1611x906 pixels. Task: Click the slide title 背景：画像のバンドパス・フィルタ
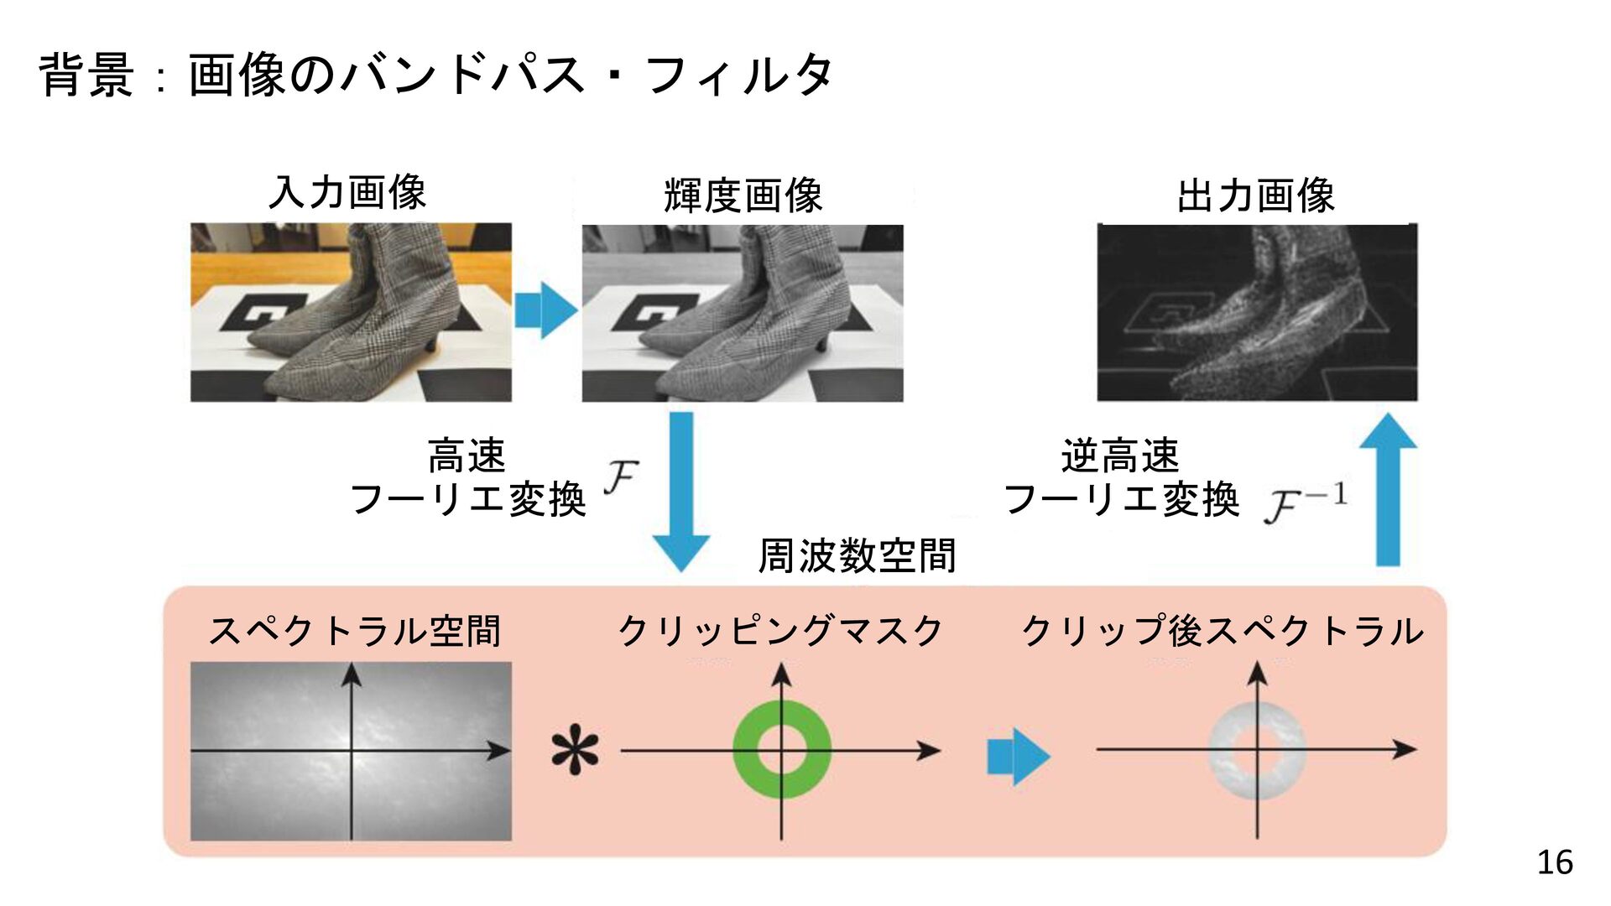[435, 74]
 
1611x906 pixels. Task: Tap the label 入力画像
[347, 192]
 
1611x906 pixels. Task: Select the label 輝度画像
[743, 195]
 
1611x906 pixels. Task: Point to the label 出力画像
[1255, 195]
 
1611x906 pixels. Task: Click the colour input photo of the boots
[351, 312]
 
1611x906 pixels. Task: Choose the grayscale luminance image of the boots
[743, 313]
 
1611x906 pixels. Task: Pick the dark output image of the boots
[1257, 312]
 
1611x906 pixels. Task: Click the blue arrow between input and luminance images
[546, 310]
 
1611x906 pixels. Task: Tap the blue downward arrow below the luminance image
[681, 492]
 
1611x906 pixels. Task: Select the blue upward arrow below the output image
[1388, 489]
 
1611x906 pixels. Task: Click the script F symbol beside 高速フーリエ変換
[621, 477]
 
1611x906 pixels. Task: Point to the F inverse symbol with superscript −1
[1306, 502]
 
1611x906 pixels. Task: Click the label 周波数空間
[857, 555]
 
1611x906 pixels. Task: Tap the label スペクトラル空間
[354, 631]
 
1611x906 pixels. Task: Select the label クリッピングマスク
[780, 631]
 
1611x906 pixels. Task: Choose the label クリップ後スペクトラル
[1223, 631]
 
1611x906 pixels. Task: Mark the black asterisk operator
[576, 751]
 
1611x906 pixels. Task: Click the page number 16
[1555, 862]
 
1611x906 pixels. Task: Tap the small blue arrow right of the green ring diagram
[1019, 756]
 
